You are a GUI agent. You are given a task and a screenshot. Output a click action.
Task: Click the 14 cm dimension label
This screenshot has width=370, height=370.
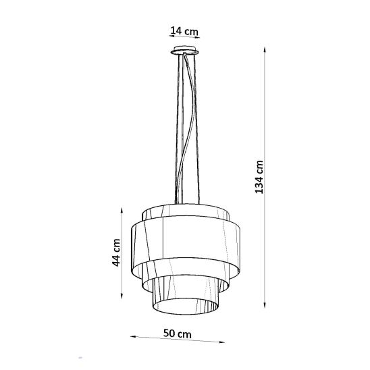tap(184, 31)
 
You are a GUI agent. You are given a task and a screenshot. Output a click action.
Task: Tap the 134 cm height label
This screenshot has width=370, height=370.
tap(259, 177)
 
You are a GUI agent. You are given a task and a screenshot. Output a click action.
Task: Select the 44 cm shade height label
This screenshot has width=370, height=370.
tap(116, 253)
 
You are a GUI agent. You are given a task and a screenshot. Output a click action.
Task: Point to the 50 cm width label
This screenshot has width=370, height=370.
tap(177, 334)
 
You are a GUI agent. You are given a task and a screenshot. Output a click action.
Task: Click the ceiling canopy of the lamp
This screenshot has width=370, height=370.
tap(185, 50)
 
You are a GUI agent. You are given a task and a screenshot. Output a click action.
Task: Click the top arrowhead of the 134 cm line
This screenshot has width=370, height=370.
tap(265, 50)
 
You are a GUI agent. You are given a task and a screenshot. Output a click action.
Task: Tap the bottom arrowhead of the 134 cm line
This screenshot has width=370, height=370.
tap(265, 305)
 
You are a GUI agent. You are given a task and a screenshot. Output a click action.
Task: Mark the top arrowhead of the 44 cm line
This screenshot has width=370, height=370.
tap(122, 210)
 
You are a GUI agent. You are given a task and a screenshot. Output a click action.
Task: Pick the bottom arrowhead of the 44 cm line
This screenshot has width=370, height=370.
tap(122, 296)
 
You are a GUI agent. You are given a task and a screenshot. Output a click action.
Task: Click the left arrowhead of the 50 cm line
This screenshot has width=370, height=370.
tap(133, 337)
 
